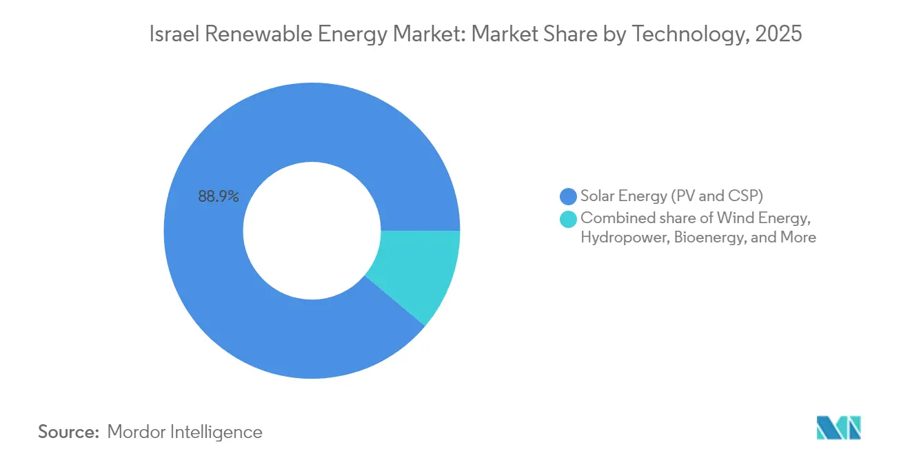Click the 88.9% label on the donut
tap(219, 196)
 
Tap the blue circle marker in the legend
tap(568, 196)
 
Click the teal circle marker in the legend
tap(568, 219)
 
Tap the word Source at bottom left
tap(69, 432)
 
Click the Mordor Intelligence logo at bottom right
tap(838, 428)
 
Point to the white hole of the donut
tap(312, 230)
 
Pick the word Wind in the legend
tap(731, 218)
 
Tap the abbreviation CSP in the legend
tap(746, 196)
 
